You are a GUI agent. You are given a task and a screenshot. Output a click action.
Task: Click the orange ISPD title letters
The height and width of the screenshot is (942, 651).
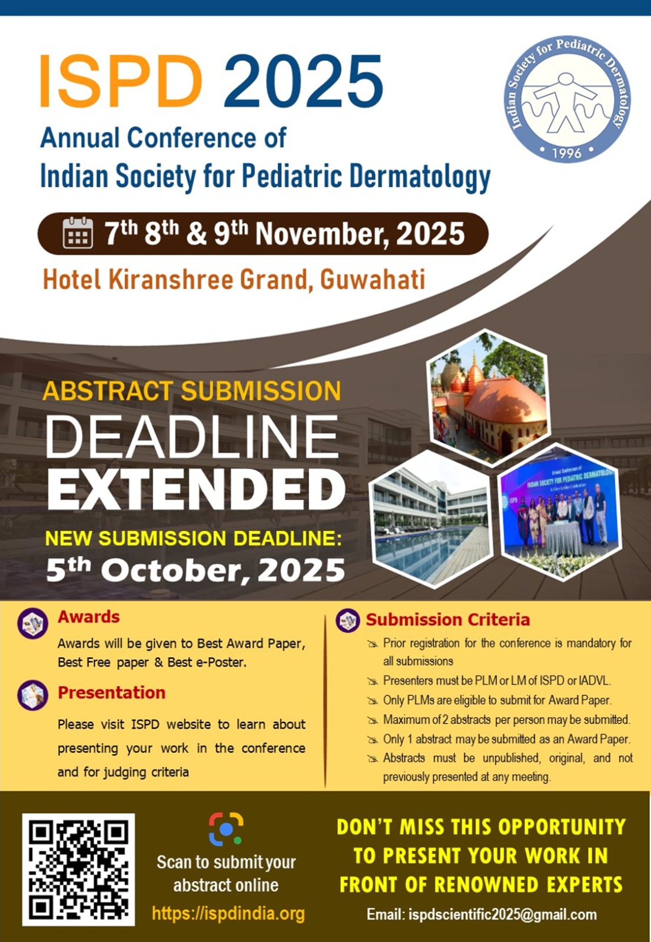121,81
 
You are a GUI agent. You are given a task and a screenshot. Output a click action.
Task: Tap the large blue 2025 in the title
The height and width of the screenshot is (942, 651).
304,81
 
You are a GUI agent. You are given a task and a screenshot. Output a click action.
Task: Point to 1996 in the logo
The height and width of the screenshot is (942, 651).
566,152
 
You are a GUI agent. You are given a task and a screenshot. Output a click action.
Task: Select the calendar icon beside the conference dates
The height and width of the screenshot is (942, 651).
78,233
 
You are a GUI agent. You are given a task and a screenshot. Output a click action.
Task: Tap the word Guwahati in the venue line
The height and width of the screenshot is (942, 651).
373,279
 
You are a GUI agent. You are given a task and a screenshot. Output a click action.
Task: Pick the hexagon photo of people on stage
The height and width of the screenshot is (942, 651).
559,512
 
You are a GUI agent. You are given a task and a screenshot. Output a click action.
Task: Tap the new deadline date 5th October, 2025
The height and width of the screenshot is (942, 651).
195,570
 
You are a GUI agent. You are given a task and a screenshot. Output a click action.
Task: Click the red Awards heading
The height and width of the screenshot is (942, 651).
89,617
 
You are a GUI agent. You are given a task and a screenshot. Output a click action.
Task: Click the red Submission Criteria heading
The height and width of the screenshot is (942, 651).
447,620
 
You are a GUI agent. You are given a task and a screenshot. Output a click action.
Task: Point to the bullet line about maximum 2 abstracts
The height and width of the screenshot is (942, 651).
506,719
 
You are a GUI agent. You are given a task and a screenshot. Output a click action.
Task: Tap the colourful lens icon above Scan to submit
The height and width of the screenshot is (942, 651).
226,829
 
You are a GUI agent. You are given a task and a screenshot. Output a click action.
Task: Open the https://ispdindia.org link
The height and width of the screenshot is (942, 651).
228,913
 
